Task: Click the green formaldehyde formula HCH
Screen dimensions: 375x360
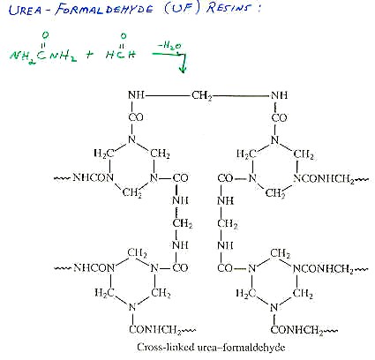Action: [x=121, y=49]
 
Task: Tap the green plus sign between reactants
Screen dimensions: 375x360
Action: [x=90, y=55]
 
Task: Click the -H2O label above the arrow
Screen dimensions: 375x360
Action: [x=169, y=46]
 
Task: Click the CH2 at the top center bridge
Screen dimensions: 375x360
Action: [x=202, y=96]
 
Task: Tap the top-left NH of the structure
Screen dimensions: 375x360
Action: [x=136, y=95]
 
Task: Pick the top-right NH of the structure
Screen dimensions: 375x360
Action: [x=280, y=95]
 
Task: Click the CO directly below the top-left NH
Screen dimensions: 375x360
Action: [x=136, y=117]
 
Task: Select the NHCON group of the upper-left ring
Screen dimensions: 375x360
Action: [x=93, y=177]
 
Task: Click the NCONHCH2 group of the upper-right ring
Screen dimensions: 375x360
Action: [x=324, y=179]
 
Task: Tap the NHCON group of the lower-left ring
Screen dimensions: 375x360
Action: [x=94, y=267]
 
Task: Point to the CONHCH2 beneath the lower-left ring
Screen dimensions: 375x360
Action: [x=155, y=330]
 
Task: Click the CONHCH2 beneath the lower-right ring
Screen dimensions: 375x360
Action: [x=297, y=330]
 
